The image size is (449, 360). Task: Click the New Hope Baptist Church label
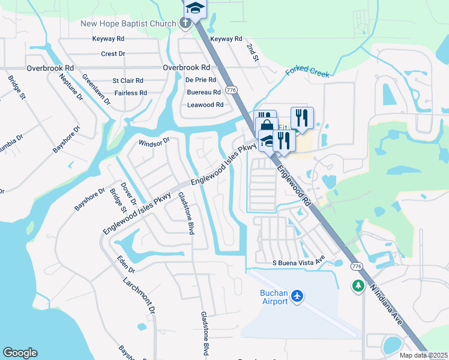pyautogui.click(x=129, y=23)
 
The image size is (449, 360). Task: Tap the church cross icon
pyautogui.click(x=186, y=23)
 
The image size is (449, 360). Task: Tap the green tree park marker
pyautogui.click(x=358, y=286)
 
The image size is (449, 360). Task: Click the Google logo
pyautogui.click(x=20, y=353)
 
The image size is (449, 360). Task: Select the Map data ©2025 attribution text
pyautogui.click(x=423, y=355)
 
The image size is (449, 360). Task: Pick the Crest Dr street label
pyautogui.click(x=113, y=54)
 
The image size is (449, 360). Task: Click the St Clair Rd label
pyautogui.click(x=128, y=80)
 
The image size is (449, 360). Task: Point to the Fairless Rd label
pyautogui.click(x=130, y=93)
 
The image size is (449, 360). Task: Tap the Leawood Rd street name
pyautogui.click(x=205, y=104)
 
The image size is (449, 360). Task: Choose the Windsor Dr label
pyautogui.click(x=154, y=142)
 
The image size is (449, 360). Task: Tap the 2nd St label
pyautogui.click(x=252, y=52)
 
